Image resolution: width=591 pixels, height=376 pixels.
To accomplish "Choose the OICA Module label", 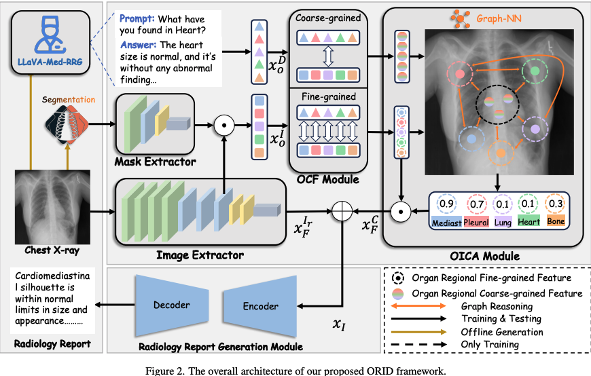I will (484, 256).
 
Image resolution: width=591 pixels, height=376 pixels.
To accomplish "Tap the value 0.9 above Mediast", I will (446, 204).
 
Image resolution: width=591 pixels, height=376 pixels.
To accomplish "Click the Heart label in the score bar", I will (528, 222).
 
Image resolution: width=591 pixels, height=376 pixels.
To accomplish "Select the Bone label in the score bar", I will (555, 222).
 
